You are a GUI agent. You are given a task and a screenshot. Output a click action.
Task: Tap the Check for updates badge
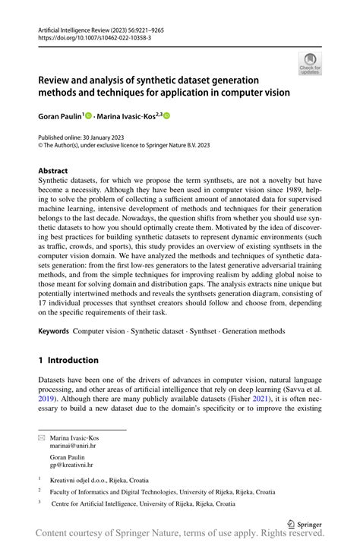click(x=310, y=65)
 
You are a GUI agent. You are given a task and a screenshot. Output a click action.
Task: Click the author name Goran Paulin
click(x=59, y=116)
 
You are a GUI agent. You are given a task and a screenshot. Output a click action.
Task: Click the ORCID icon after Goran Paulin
click(x=88, y=116)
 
